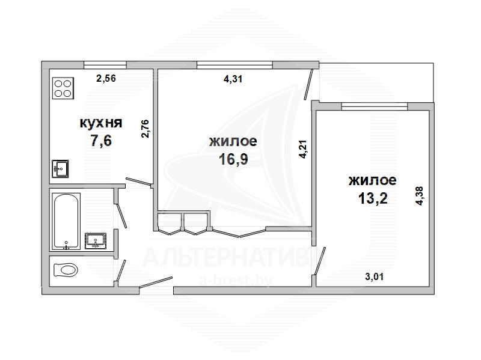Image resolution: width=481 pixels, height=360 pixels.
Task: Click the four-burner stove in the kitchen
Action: [x=63, y=88]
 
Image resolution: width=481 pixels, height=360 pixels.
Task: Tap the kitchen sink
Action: [x=60, y=169]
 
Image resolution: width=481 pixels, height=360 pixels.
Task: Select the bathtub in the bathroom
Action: [x=66, y=221]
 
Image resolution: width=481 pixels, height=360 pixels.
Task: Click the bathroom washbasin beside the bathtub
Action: [x=96, y=241]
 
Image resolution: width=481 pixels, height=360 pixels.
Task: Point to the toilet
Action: [x=66, y=270]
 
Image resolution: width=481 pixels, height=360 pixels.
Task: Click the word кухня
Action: [x=101, y=123]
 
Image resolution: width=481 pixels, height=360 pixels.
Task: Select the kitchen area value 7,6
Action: [x=101, y=141]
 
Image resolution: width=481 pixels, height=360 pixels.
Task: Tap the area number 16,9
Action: [x=233, y=159]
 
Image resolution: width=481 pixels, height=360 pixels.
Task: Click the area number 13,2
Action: [x=373, y=198]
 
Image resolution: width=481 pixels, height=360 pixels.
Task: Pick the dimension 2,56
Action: [x=106, y=79]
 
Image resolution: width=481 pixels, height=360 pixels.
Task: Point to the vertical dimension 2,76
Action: [x=145, y=129]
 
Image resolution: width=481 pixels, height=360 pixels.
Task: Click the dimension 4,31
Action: [x=233, y=79]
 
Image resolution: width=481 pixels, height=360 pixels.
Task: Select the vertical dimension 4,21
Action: [x=303, y=149]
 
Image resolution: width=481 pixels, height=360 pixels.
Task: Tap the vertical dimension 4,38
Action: [x=419, y=196]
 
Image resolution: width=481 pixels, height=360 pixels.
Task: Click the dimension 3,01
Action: [x=374, y=277]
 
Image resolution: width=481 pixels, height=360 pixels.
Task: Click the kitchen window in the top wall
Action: [x=105, y=65]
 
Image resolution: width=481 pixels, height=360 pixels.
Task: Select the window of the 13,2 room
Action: [x=375, y=106]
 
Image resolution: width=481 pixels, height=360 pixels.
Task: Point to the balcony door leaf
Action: [x=308, y=84]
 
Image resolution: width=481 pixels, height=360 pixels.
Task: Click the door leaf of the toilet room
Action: [x=120, y=270]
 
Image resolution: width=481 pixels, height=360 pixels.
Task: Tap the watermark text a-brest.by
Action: [x=236, y=281]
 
